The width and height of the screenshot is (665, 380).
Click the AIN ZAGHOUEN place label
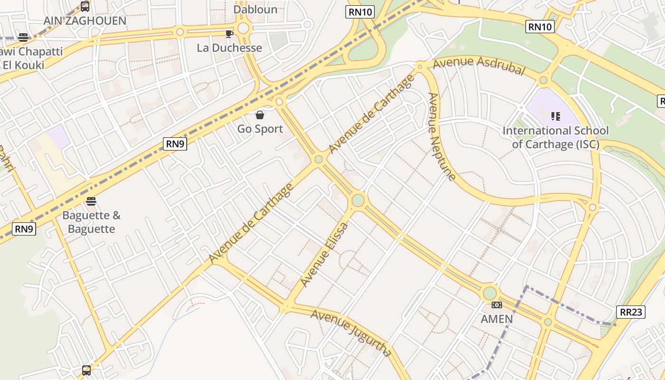click(x=85, y=21)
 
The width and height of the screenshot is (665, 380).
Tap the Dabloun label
click(x=255, y=9)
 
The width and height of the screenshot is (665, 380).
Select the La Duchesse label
click(x=229, y=48)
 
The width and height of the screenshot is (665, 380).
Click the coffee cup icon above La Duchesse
click(x=229, y=34)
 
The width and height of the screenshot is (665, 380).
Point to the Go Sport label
click(x=260, y=129)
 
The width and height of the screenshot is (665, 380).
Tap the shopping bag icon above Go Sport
click(x=260, y=115)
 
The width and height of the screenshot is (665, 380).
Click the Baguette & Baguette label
click(x=91, y=222)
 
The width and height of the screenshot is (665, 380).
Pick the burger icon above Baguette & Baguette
click(x=91, y=201)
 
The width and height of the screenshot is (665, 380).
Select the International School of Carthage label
click(x=555, y=137)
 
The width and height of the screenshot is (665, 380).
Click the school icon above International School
click(x=556, y=116)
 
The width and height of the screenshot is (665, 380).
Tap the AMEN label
click(x=497, y=319)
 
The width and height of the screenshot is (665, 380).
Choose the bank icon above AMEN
click(x=497, y=305)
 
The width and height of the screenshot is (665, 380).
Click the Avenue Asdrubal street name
click(x=479, y=66)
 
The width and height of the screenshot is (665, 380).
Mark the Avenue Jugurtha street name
click(x=351, y=332)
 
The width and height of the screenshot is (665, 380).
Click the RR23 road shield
click(x=631, y=312)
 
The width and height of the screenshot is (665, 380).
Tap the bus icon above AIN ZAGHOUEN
click(x=85, y=7)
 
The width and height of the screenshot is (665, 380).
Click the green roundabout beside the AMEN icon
click(x=489, y=293)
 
